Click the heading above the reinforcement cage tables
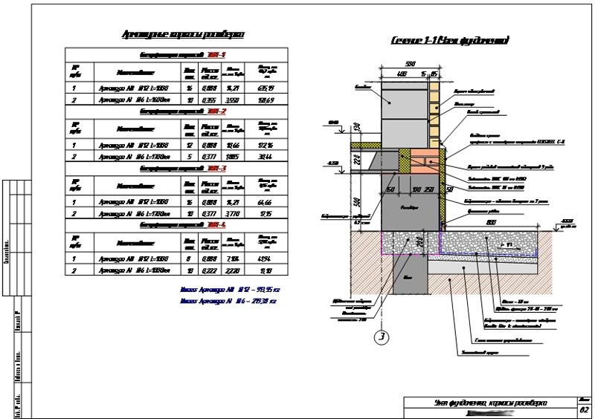[182, 34]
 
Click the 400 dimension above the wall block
[402, 74]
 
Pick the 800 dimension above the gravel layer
[491, 221]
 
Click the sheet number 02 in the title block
[584, 409]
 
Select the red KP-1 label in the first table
[217, 55]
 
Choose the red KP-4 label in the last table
[217, 224]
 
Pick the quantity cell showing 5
[190, 157]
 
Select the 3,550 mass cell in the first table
[232, 100]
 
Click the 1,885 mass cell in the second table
[232, 157]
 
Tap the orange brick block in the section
[426, 161]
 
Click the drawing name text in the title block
[491, 402]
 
